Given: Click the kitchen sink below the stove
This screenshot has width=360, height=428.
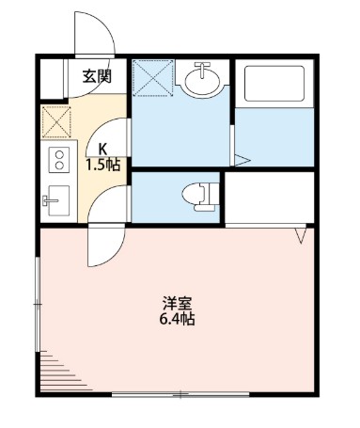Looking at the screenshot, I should [x=55, y=198].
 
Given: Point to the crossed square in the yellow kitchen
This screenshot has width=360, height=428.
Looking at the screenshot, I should [x=56, y=122].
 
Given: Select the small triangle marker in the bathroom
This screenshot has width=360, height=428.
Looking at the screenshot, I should [x=242, y=156].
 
